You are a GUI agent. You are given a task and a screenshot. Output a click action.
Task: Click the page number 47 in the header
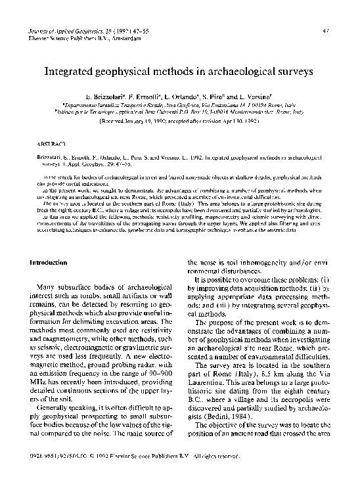335,32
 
